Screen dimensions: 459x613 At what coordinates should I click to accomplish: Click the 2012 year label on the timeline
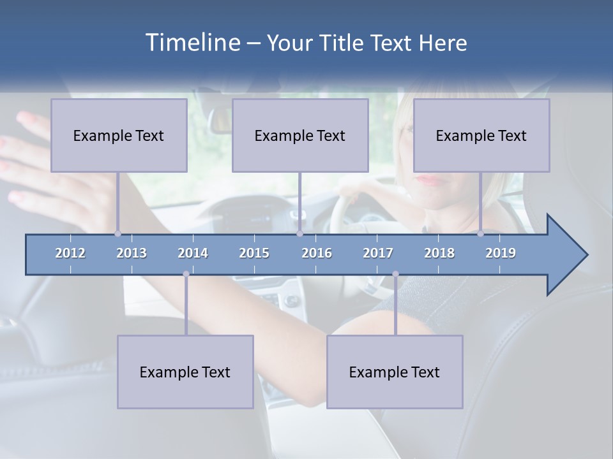[70, 253]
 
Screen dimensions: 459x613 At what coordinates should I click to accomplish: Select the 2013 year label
[132, 253]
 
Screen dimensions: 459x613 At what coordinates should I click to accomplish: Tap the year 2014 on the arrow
[193, 253]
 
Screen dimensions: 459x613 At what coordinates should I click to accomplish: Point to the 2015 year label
[254, 253]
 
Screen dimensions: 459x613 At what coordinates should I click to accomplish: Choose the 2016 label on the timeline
[317, 253]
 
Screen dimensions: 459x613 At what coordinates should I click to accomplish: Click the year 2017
[378, 253]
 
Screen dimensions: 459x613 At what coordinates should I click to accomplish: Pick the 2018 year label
[439, 253]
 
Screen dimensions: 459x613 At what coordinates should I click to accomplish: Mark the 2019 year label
[501, 253]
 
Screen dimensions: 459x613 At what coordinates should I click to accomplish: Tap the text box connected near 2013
[119, 135]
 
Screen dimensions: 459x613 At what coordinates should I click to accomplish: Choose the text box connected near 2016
[300, 135]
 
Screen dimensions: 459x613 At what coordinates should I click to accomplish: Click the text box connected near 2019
[481, 135]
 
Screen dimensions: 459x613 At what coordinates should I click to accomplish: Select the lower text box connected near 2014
[185, 372]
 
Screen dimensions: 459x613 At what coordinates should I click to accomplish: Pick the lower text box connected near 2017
[395, 372]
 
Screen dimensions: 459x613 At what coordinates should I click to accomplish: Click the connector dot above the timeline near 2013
[117, 233]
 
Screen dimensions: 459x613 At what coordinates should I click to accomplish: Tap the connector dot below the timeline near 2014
[186, 274]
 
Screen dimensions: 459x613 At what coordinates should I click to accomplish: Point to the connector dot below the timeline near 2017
[395, 274]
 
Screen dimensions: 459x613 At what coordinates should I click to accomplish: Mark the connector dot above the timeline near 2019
[480, 233]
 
